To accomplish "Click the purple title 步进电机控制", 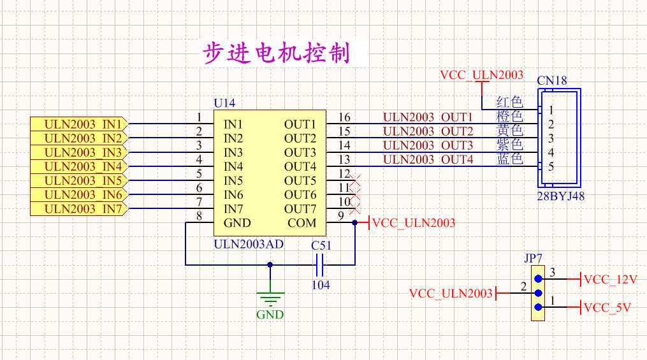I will pos(276,54).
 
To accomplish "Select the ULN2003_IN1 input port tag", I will pos(79,124).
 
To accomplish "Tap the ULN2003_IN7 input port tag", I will pos(79,208).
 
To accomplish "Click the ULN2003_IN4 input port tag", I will pos(79,166).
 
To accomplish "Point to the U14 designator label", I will pos(224,103).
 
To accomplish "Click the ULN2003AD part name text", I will pos(249,243).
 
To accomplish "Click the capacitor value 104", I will pos(321,285).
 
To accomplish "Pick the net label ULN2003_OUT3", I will pos(428,145).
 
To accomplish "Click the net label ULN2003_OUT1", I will pos(428,117).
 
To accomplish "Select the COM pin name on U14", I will pos(302,223).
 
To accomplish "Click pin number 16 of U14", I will pos(344,117).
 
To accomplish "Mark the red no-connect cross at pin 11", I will pos(356,188).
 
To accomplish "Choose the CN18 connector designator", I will pos(552,81).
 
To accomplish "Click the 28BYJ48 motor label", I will pos(560,196).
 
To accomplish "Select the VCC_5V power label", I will pos(607,308).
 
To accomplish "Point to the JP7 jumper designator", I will pos(534,258).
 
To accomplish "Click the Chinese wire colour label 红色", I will pos(509,102).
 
